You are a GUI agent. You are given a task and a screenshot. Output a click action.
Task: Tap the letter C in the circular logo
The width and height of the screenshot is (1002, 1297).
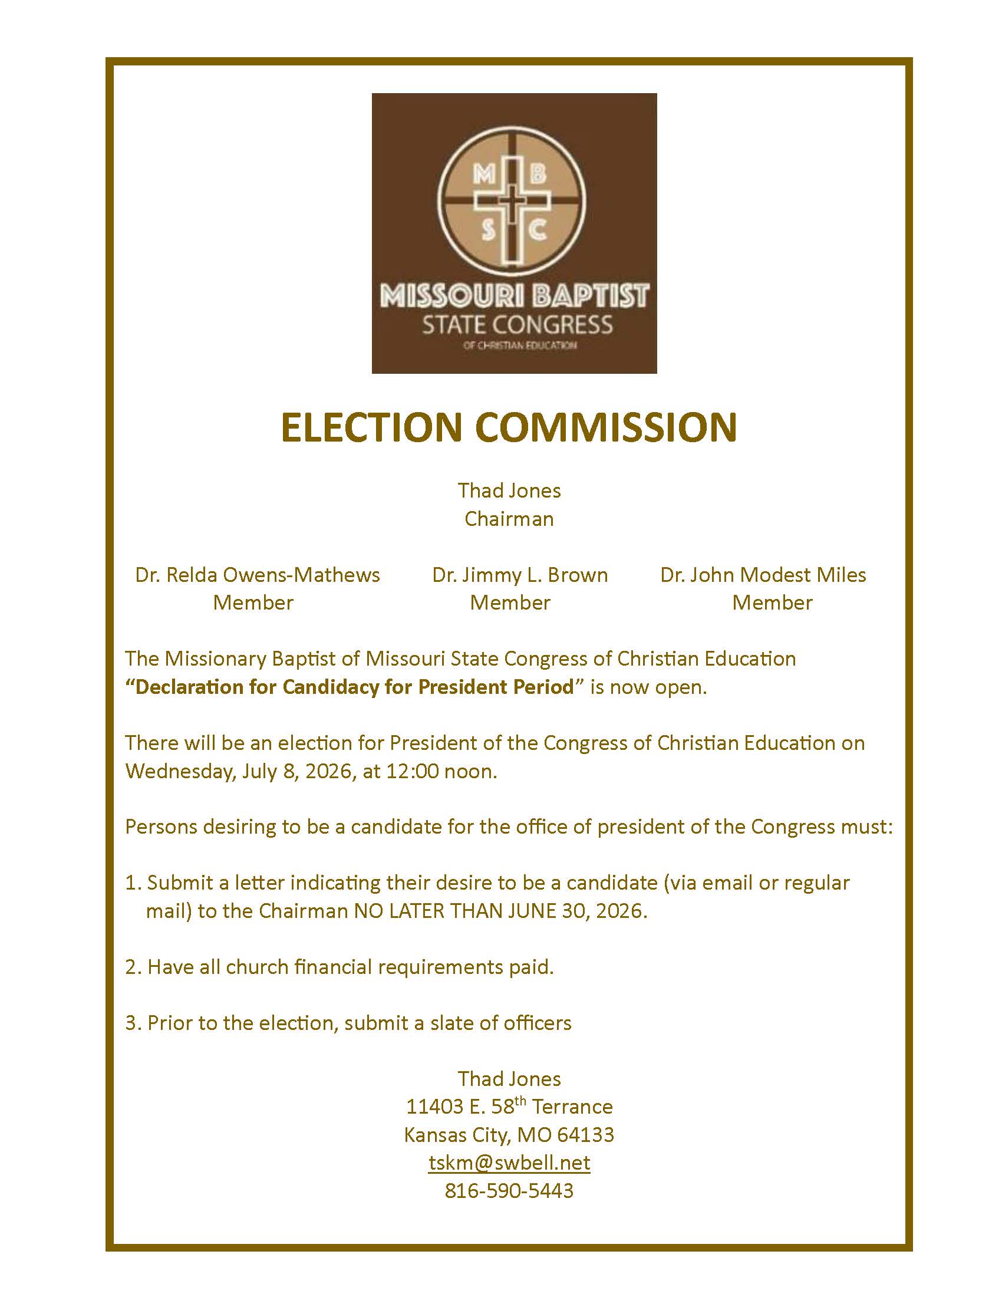[x=538, y=230]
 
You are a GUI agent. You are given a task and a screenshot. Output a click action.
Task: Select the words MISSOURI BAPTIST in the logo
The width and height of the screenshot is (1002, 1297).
[x=514, y=296]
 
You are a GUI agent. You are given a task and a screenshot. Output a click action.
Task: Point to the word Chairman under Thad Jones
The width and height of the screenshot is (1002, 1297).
[x=509, y=519]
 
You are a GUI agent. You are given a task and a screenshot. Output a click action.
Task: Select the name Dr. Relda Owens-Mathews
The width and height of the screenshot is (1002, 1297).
[x=258, y=575]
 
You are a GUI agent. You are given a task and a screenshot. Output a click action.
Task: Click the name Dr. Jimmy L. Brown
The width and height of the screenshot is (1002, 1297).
[x=520, y=575]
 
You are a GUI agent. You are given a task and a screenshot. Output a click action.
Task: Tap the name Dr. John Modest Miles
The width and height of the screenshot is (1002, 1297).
[x=763, y=575]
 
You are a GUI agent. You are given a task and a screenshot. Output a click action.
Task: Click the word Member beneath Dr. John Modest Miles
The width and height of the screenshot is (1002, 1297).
[x=772, y=603]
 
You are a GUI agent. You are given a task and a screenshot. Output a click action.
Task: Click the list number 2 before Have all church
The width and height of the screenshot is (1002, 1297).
[x=131, y=967]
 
